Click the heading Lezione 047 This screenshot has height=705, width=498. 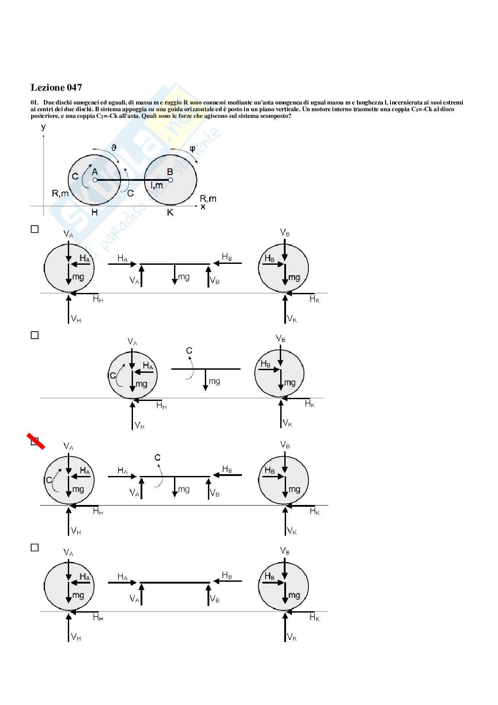pos(56,88)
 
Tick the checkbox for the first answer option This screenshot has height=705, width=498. pos(35,229)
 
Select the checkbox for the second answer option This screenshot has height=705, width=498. pos(35,335)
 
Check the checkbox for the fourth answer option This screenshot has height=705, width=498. pos(35,547)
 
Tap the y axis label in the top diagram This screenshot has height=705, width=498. pos(43,126)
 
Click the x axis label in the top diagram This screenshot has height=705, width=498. pos(203,207)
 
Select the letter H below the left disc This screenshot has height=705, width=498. pos(95,213)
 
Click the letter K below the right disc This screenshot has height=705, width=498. pos(170,213)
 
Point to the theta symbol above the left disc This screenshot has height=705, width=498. pos(114,147)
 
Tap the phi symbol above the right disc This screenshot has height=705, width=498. pos(192,148)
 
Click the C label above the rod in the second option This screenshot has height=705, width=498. pos(189,350)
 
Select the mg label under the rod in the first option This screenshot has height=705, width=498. pos(184,277)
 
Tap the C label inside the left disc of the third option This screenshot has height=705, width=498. pos(49,480)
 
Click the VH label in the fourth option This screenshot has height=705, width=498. pos(76,637)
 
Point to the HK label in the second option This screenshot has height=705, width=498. pos(310,404)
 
